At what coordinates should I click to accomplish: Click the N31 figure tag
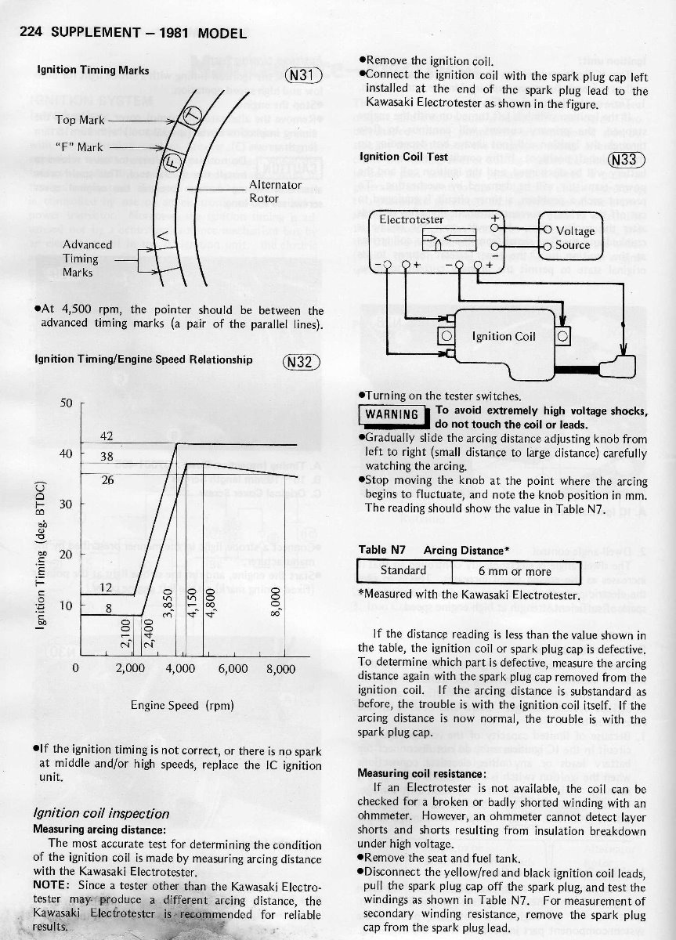click(302, 76)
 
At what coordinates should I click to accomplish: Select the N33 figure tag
click(627, 159)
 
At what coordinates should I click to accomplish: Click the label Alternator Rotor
click(274, 191)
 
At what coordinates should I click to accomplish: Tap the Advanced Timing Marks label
click(87, 258)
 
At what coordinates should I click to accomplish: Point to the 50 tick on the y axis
click(66, 403)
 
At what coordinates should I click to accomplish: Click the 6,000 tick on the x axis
click(233, 669)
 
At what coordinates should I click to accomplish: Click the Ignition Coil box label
click(504, 337)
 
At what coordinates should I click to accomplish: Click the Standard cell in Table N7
click(403, 571)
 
